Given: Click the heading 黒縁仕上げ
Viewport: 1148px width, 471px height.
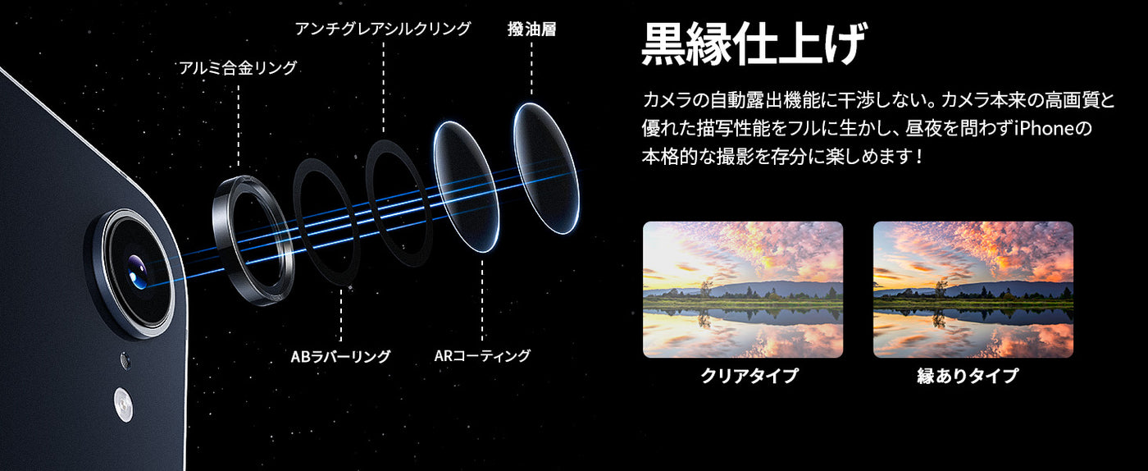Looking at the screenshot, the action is (754, 44).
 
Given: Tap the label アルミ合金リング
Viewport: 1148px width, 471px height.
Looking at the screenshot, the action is (238, 68).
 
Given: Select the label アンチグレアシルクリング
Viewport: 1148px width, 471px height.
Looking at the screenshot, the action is (382, 29).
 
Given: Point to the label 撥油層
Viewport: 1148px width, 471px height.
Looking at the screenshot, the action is (531, 29).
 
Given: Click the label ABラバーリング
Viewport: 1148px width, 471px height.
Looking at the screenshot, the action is (340, 356).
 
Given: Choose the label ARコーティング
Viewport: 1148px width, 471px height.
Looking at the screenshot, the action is (482, 355).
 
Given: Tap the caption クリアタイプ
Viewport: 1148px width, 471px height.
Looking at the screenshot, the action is (749, 376).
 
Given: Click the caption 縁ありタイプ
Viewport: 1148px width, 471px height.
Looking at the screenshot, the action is (967, 376).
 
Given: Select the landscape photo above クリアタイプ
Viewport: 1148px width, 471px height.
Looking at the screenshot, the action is (743, 290).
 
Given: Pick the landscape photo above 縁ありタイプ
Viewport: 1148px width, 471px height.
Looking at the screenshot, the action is (973, 290).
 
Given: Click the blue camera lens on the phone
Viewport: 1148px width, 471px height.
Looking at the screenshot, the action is (138, 272).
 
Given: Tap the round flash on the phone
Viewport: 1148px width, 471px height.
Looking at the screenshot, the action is (123, 405).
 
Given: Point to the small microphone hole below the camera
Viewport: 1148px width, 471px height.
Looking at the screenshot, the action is (125, 360).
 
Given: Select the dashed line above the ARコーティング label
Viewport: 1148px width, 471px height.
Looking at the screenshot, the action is (482, 300).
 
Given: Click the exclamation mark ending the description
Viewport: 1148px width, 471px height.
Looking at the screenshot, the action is (920, 156).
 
